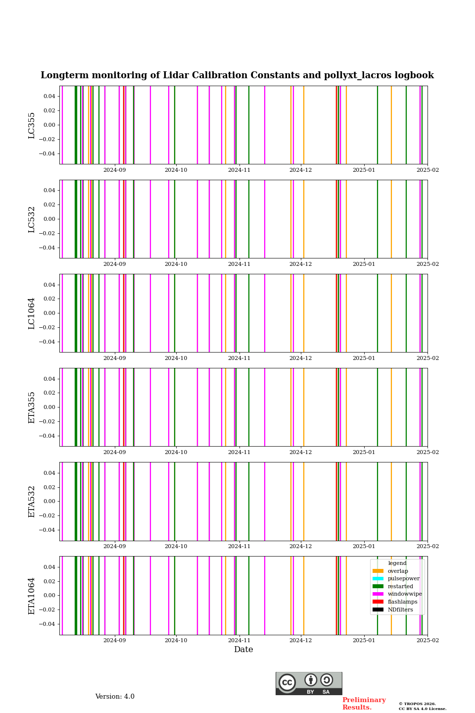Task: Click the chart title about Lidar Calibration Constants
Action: pyautogui.click(x=237, y=75)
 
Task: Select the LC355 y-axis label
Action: pyautogui.click(x=32, y=125)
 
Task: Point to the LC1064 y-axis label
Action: pyautogui.click(x=32, y=313)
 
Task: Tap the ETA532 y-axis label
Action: pyautogui.click(x=32, y=502)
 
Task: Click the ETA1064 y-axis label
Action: pyautogui.click(x=32, y=596)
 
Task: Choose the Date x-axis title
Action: pyautogui.click(x=243, y=650)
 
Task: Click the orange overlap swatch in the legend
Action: pyautogui.click(x=378, y=571)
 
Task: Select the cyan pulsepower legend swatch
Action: pyautogui.click(x=378, y=579)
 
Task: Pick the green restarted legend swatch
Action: pyautogui.click(x=378, y=586)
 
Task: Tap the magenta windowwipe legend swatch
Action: pyautogui.click(x=378, y=594)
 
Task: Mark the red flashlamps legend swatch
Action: pyautogui.click(x=378, y=602)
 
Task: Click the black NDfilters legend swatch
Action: pyautogui.click(x=378, y=610)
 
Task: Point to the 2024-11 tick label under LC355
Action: pyautogui.click(x=239, y=170)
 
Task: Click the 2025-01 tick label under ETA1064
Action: pyautogui.click(x=364, y=640)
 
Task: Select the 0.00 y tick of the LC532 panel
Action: pyautogui.click(x=49, y=219)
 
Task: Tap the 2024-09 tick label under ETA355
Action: pyautogui.click(x=114, y=452)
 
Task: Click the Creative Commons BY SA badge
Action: pyautogui.click(x=309, y=683)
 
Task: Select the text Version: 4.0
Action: pyautogui.click(x=115, y=697)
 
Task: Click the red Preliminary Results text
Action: pyautogui.click(x=364, y=704)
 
